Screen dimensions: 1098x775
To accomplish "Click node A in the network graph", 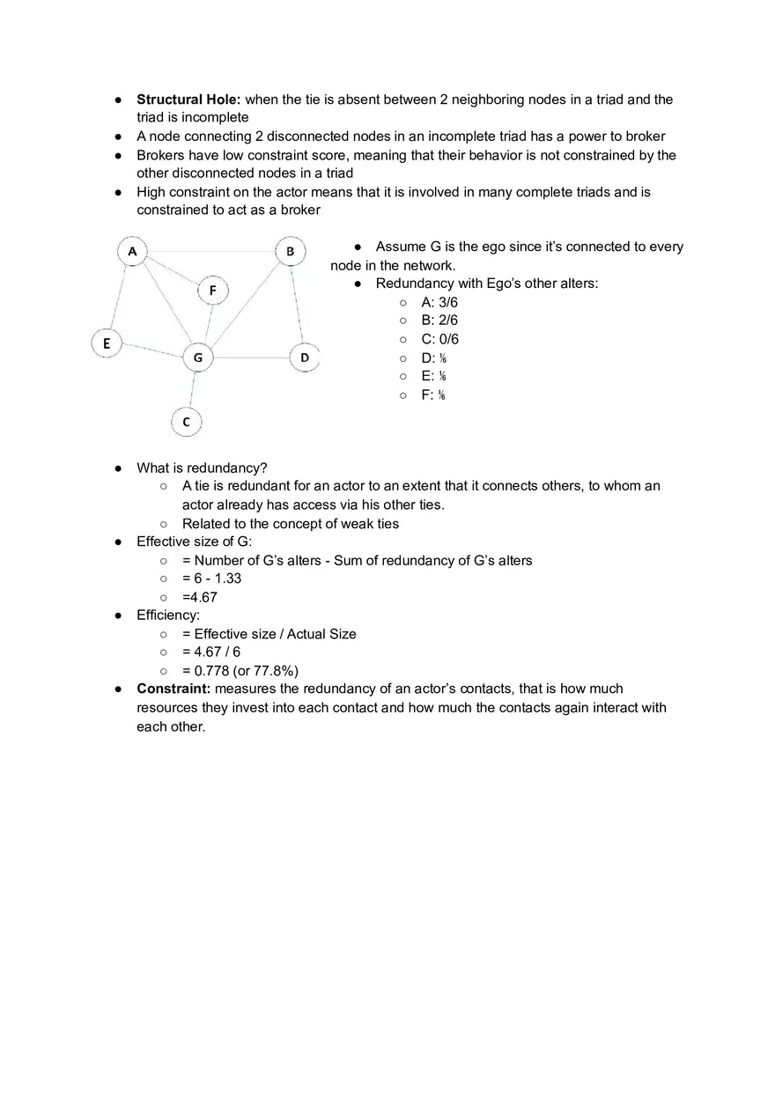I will click(132, 252).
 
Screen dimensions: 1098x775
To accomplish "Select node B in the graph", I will click(290, 252).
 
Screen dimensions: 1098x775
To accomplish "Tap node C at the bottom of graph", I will click(186, 422).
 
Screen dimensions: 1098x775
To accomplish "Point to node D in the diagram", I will click(305, 357).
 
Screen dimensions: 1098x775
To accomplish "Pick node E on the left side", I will click(107, 343).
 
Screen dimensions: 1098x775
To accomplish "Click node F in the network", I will click(212, 290).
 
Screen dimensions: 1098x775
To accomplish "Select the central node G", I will click(198, 357).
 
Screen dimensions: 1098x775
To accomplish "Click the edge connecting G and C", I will click(192, 389).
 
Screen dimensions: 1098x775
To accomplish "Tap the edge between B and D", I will click(298, 305).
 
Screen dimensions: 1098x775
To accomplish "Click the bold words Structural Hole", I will click(188, 99).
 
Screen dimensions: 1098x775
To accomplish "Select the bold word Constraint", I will click(173, 689).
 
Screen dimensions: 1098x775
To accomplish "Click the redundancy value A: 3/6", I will click(439, 302).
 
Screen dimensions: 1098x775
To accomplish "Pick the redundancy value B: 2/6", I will click(439, 321).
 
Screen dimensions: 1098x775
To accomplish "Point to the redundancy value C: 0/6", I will click(439, 339).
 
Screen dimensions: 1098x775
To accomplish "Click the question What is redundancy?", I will click(202, 468).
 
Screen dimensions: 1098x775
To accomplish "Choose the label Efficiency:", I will click(168, 615).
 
